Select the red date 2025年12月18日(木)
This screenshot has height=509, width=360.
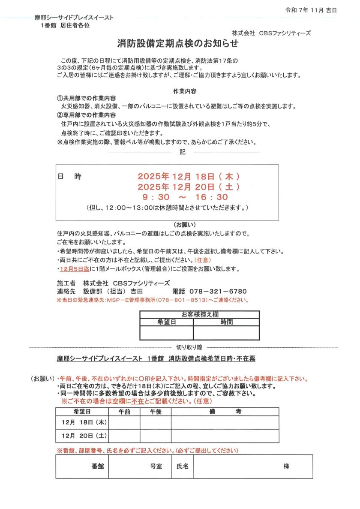coord(189,177)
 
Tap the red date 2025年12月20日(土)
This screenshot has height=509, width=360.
coord(189,187)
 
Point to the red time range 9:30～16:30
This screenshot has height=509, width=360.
coord(186,197)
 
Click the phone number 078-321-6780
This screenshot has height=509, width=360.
coord(222,291)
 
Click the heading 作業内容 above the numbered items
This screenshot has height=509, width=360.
coord(185,91)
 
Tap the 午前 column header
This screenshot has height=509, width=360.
coord(124,411)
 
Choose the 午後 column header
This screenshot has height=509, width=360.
coord(156,411)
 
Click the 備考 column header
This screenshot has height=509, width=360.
coord(225,411)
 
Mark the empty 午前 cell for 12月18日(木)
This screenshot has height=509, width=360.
coord(124,422)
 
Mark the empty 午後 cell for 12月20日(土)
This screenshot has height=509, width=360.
coord(156,436)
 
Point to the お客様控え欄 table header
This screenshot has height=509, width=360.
coord(199,314)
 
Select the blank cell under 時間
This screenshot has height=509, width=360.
coord(226,333)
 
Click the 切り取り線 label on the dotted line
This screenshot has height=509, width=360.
coord(189,347)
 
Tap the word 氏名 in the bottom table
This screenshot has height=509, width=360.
coord(183,466)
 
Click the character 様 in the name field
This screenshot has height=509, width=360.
coord(286,466)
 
